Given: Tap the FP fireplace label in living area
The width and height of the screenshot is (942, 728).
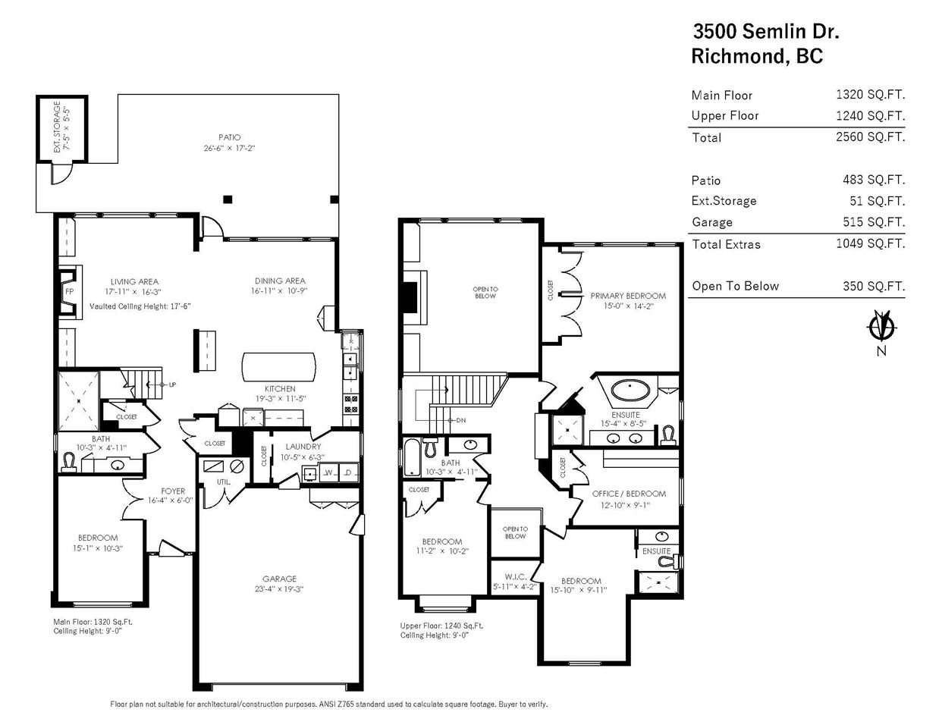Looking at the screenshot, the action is [x=69, y=292].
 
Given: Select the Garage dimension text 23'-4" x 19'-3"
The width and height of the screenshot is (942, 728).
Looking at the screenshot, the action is [x=279, y=589].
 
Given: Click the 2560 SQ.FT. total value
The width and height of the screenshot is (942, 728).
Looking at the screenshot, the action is [x=870, y=137].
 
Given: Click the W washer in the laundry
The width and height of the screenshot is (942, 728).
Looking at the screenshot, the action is [x=328, y=472].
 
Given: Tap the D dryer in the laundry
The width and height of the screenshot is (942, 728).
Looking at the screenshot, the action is [x=348, y=472].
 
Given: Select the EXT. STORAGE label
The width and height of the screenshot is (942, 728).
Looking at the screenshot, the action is [x=57, y=127].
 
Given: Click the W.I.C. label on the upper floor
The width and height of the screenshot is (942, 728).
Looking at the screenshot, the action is [x=516, y=577].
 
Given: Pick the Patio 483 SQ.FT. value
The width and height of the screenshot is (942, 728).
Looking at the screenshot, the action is [x=874, y=180].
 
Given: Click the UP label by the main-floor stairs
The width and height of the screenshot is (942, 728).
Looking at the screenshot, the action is [x=172, y=384].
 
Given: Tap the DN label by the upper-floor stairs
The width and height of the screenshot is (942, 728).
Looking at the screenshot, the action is [x=461, y=420].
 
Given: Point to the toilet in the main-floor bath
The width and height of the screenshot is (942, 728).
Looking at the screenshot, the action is [x=69, y=462].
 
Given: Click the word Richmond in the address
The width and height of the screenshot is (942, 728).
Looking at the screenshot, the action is [x=738, y=56].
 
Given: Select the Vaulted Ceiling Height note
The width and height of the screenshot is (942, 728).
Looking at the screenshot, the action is [x=140, y=306].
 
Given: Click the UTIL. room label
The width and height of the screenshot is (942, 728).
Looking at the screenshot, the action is [x=223, y=482].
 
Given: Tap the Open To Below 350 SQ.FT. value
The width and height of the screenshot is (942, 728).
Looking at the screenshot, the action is [x=874, y=286].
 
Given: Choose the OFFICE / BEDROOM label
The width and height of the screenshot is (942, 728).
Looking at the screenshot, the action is [x=629, y=494].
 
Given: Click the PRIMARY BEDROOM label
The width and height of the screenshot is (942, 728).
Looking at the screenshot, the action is [x=628, y=296].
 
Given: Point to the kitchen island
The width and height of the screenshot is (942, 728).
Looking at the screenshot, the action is [x=279, y=367].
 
